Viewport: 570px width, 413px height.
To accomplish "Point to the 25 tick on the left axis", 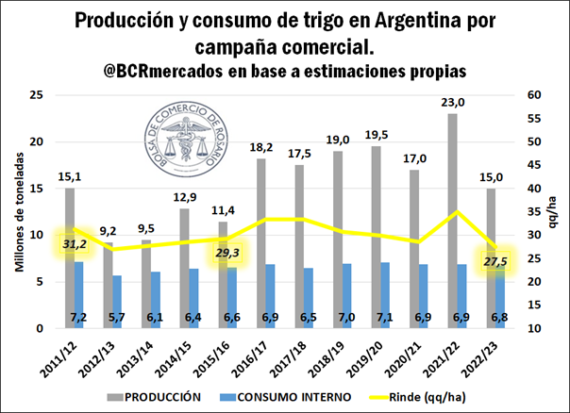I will coord(38,95).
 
